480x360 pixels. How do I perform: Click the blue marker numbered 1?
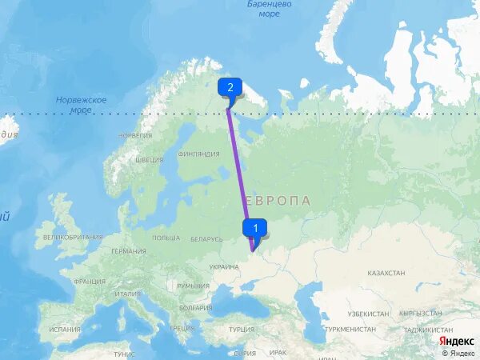[254, 228]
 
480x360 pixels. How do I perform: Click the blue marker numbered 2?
[230, 88]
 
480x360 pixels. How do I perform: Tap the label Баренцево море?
[270, 9]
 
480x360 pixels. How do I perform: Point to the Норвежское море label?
[81, 105]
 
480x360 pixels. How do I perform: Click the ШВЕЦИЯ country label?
[150, 159]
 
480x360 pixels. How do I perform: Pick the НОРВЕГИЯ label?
[135, 135]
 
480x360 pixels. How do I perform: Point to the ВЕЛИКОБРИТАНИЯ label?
[73, 237]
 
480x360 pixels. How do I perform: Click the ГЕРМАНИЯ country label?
[129, 251]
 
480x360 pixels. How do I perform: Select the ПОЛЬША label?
[166, 238]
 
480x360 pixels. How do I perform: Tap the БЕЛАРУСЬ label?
[206, 239]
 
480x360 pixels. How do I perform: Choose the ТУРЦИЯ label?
[241, 329]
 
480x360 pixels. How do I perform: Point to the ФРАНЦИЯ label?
[90, 282]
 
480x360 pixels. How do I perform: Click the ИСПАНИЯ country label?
[64, 329]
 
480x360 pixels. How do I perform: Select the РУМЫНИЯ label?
[193, 286]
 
